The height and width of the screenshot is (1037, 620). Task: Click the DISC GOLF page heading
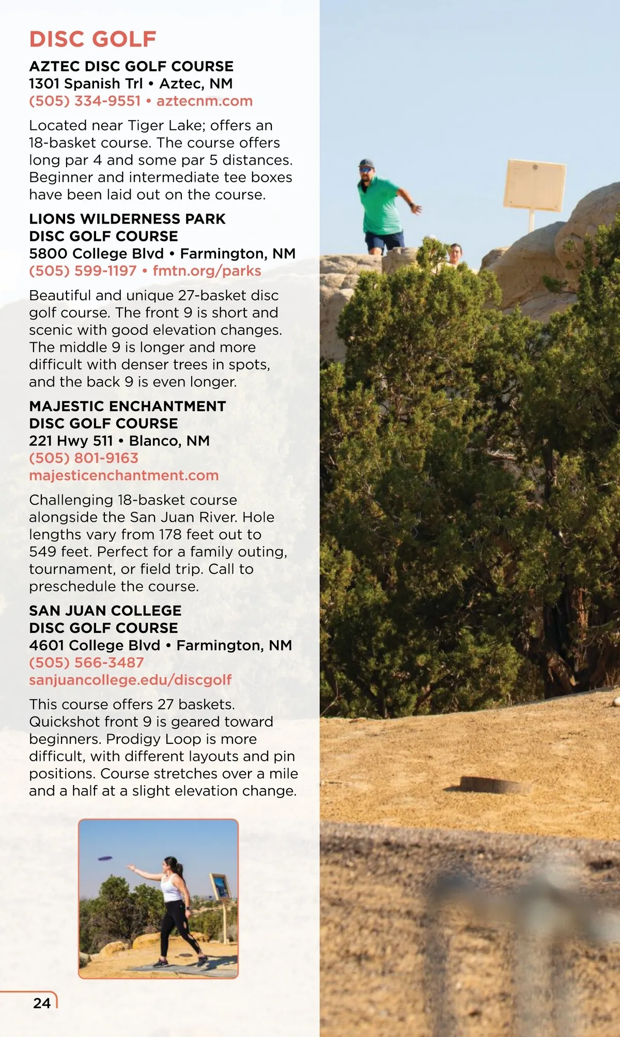coord(92,39)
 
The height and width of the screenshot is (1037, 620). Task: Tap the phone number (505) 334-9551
coord(85,101)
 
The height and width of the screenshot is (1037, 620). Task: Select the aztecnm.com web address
coord(205,101)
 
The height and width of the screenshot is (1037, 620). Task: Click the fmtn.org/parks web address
coord(207,270)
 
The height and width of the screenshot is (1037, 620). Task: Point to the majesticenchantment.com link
coord(124,475)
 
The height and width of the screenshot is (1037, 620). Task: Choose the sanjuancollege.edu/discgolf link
coord(130,679)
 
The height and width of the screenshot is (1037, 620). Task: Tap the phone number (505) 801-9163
coord(84,458)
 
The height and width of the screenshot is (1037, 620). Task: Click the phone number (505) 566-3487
coord(86,662)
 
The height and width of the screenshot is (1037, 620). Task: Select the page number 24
coord(42,1003)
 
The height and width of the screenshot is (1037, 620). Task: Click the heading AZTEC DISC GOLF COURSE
coord(131,66)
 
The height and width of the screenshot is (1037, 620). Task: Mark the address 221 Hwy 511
coord(71,441)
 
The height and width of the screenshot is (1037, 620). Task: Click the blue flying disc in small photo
coord(105,859)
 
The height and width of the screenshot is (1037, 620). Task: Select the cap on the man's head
coord(366,164)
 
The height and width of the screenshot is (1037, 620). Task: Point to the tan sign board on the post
coord(534,185)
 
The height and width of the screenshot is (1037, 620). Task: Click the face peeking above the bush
coord(455,253)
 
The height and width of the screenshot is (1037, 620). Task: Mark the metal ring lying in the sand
coord(494,785)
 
